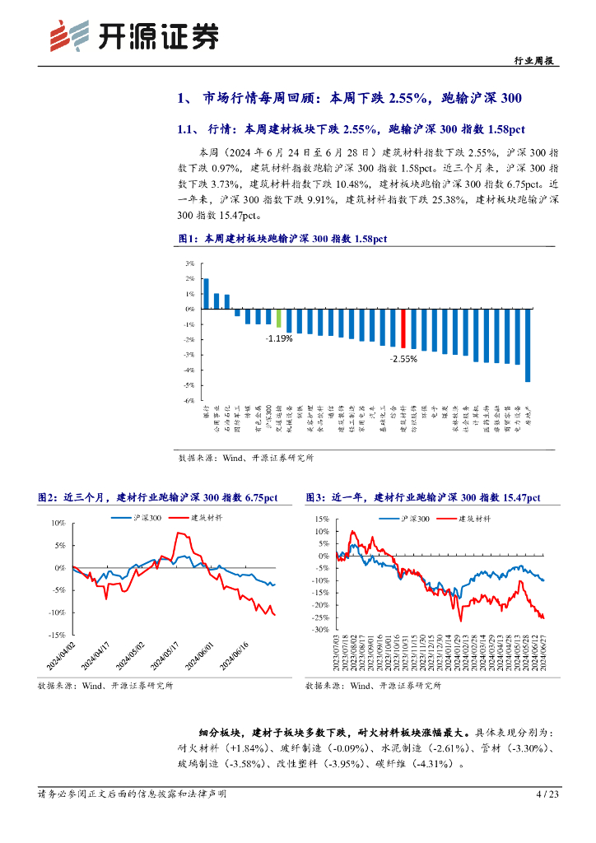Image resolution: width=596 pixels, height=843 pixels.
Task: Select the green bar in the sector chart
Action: coord(278,319)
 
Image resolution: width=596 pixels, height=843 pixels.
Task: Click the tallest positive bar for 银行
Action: coord(206,293)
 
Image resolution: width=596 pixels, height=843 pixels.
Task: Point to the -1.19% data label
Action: coord(278,338)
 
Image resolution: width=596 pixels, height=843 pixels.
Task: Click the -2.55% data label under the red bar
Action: coord(403,359)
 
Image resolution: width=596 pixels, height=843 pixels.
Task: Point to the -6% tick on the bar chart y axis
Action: coord(189,400)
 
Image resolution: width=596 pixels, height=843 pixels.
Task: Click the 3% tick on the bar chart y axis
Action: coord(189,263)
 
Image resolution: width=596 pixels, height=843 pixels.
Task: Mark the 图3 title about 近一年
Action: coord(423,497)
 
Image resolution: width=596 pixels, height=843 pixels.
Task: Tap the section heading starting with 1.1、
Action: coord(351,129)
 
